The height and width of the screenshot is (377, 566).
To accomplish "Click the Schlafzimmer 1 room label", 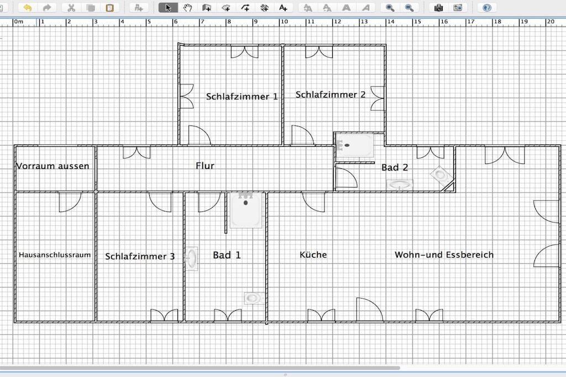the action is [x=242, y=97].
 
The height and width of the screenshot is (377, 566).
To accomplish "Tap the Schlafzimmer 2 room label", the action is [x=331, y=94].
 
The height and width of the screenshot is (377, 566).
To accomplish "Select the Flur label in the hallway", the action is [x=205, y=166].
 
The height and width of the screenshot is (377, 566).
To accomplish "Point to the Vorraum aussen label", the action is [x=53, y=166].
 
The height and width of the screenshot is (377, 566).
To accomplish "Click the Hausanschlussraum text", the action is [x=55, y=255].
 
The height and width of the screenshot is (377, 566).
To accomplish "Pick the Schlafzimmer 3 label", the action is [x=140, y=256].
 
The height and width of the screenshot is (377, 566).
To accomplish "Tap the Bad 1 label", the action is [x=227, y=255].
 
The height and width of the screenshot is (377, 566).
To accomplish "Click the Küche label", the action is [x=313, y=255].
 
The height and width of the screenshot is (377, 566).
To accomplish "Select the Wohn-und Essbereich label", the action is [x=444, y=255].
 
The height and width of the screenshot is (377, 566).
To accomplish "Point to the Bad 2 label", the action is [x=395, y=167].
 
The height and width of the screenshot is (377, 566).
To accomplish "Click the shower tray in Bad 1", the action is [x=246, y=210].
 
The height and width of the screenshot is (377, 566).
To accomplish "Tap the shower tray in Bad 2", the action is [x=355, y=145].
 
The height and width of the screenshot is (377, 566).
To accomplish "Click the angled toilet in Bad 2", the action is [x=441, y=175].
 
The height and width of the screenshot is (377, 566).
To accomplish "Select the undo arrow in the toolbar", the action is [x=28, y=8].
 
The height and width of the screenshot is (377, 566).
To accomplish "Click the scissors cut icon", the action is [x=71, y=8].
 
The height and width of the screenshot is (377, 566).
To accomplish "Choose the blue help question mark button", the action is [x=487, y=8].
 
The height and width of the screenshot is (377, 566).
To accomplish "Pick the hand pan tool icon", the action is [x=187, y=8].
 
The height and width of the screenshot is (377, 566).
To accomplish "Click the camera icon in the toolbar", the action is [x=438, y=8].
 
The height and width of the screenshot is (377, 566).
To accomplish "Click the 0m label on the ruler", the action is [x=18, y=22].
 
